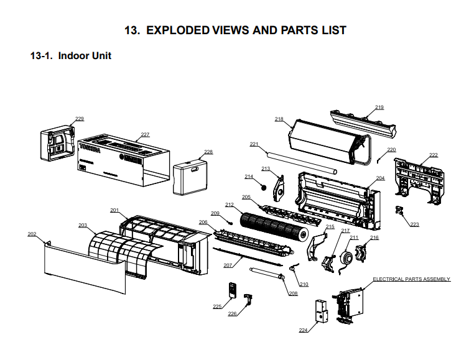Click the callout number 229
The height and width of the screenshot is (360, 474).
[x=80, y=119]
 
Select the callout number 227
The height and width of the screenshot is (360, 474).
[x=145, y=134]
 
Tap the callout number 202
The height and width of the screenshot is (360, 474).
[x=32, y=234]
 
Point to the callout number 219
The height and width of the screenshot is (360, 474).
[x=379, y=108]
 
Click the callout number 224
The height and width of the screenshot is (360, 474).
[x=303, y=330]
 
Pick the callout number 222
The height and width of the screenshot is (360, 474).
[x=433, y=155]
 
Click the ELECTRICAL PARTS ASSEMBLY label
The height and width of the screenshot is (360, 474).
[x=411, y=279]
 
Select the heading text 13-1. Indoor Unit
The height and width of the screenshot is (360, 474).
[x=71, y=56]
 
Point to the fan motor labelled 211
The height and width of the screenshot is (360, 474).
[x=342, y=257]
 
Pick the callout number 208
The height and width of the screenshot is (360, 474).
[x=293, y=293]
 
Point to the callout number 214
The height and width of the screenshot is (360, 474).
[x=249, y=177]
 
